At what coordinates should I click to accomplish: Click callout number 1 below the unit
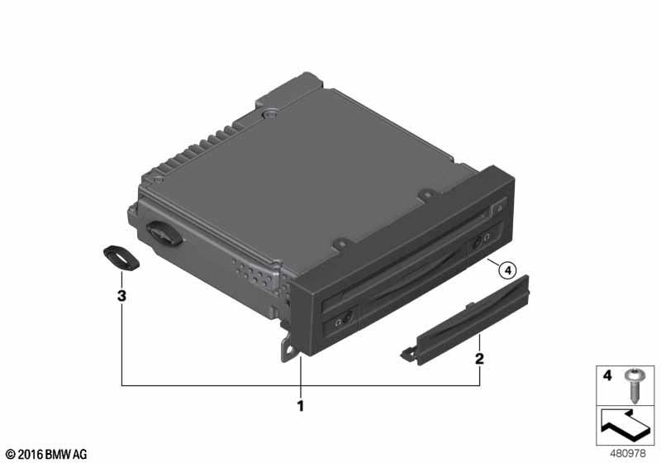pyautogui.click(x=300, y=406)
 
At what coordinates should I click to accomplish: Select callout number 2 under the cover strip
pyautogui.click(x=479, y=359)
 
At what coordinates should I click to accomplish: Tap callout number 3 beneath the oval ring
pyautogui.click(x=121, y=296)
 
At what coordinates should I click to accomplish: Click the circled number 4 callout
pyautogui.click(x=507, y=270)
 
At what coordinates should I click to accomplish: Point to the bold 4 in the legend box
pyautogui.click(x=607, y=375)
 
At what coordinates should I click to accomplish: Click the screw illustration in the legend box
pyautogui.click(x=633, y=385)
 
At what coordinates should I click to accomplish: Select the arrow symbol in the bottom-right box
pyautogui.click(x=625, y=425)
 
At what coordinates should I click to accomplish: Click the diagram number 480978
pyautogui.click(x=628, y=454)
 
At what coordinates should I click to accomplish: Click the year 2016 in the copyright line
pyautogui.click(x=31, y=455)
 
